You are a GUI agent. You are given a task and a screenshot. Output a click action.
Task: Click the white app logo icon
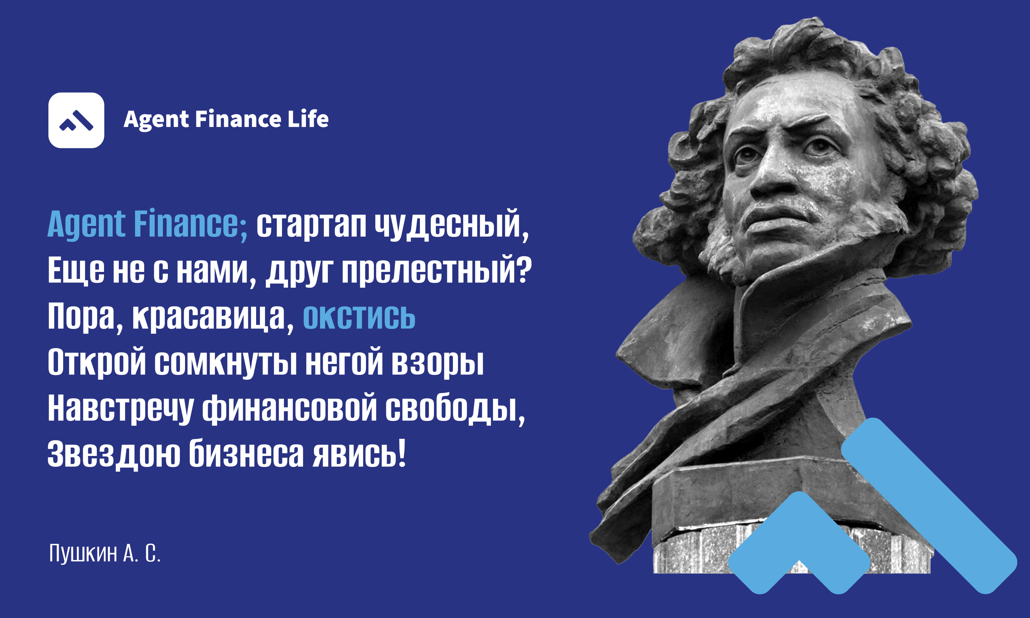click(76, 121)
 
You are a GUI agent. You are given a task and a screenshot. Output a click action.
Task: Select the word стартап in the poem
click(311, 225)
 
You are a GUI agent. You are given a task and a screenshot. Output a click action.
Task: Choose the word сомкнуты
click(226, 362)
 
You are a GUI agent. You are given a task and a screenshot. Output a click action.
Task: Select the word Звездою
click(114, 454)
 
